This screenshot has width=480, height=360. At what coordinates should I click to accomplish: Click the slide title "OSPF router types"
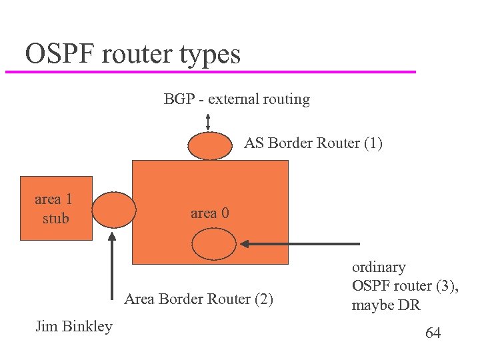pos(133,53)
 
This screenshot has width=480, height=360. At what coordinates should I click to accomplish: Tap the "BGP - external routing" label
pos(237,99)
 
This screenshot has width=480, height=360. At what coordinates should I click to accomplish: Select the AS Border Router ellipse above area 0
pos(209,145)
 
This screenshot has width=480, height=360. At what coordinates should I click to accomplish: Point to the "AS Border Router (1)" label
pos(313,143)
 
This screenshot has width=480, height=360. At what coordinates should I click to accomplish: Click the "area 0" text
pos(209,213)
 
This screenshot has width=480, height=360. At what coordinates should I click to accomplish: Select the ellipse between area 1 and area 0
pos(113,210)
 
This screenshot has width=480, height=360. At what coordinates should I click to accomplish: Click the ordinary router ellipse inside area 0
pos(214,244)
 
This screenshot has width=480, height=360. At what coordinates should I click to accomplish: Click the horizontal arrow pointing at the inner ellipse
pos(300,245)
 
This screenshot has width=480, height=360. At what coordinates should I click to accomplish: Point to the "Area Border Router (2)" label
pos(199,299)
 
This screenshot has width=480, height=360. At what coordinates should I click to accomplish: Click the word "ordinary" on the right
pos(379,267)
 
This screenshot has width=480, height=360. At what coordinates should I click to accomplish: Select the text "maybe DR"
pos(386,305)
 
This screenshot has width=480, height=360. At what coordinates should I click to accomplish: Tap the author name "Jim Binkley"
pos(73,327)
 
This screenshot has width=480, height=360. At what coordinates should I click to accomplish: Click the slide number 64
pos(433,333)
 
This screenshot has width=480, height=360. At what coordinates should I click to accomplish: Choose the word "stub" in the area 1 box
pos(55,218)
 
